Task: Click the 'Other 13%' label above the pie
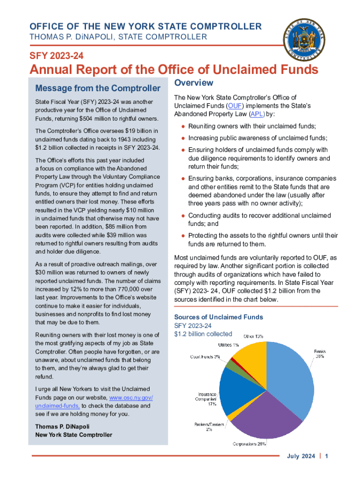[x=252, y=336]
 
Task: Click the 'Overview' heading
[x=193, y=83]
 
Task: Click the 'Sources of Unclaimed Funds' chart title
[x=218, y=317]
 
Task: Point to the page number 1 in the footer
[x=327, y=457]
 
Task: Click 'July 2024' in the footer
[x=301, y=457]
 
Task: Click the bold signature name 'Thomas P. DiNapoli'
[x=62, y=427]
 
